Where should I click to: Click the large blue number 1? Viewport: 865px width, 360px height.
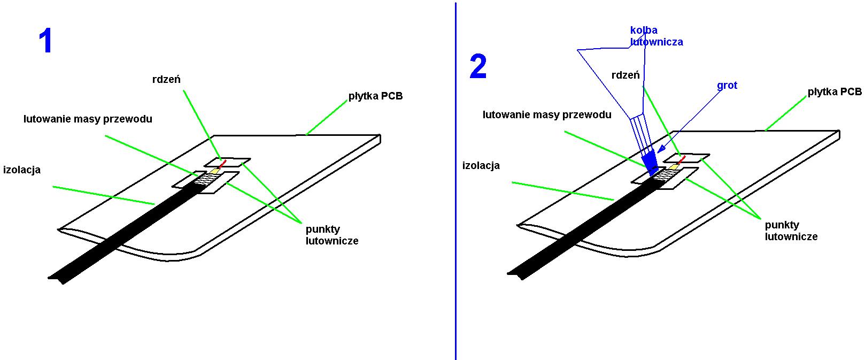45,41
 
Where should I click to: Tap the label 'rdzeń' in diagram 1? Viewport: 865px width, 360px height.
166,79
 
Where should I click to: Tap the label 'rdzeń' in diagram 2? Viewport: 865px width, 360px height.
625,75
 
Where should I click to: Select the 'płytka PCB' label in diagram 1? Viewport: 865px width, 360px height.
375,96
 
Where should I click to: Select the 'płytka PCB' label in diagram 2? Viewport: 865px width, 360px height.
835,91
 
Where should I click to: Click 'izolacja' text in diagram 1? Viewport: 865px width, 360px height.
21,170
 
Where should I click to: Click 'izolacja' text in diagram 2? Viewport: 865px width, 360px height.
481,165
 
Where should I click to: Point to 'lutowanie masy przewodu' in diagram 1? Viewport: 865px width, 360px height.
88,119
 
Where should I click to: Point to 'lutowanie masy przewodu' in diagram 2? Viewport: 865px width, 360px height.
547,114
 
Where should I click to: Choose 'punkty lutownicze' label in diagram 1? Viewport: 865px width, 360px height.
332,235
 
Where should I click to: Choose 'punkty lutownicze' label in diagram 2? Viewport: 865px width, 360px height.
791,231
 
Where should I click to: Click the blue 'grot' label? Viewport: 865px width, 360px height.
727,86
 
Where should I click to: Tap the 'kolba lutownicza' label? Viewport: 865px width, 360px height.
657,36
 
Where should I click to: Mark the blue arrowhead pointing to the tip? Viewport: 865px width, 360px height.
661,149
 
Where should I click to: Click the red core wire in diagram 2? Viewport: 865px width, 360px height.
682,159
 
